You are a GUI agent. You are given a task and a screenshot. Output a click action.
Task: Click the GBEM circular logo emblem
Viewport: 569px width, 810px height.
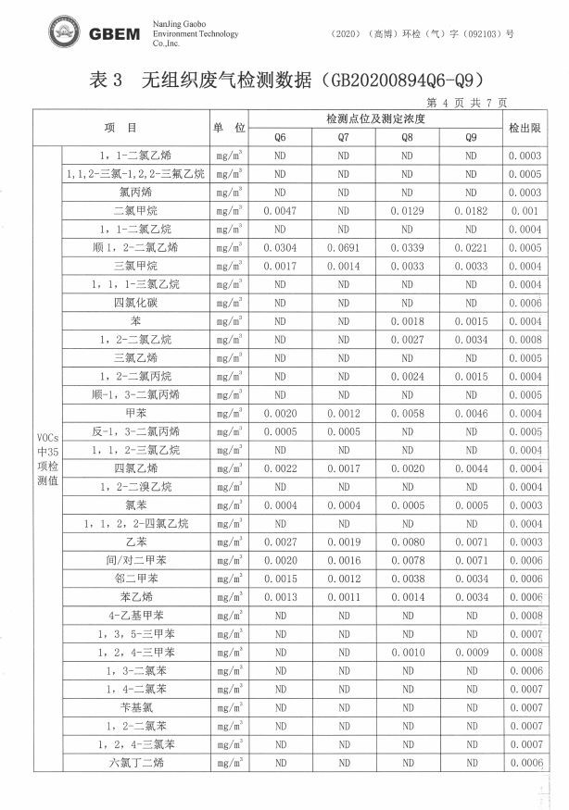(66, 32)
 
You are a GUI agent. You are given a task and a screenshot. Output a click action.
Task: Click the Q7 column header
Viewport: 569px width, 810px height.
(343, 138)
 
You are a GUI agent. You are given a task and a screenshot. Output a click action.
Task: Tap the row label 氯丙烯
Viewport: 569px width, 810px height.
(135, 193)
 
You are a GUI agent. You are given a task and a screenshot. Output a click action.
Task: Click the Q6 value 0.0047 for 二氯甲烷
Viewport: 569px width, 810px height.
(280, 211)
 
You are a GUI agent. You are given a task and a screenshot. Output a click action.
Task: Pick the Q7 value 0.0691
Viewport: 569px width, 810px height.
(343, 248)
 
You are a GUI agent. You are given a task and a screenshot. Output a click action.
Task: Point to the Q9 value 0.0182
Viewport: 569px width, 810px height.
(471, 211)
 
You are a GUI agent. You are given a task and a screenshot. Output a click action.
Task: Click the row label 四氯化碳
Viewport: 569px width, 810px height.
(135, 303)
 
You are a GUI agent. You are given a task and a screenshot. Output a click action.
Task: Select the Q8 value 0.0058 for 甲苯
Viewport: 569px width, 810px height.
(407, 414)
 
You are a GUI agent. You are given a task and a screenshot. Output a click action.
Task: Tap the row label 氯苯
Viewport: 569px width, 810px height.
(135, 505)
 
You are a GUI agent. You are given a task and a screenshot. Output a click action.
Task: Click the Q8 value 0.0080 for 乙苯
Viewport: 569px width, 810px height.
(407, 542)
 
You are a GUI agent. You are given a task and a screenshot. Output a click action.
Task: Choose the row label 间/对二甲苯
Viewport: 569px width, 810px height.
(135, 561)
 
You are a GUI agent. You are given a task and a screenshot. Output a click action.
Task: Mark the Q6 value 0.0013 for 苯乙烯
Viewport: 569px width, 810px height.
(280, 598)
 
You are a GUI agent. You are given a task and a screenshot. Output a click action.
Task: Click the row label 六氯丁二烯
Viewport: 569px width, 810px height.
(135, 763)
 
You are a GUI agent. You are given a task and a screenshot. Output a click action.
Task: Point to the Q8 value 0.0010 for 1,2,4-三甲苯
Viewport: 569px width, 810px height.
(407, 653)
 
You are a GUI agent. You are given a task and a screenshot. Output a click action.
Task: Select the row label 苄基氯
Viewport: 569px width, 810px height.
(135, 708)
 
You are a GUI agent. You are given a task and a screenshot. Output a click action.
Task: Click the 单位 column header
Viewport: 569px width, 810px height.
(228, 129)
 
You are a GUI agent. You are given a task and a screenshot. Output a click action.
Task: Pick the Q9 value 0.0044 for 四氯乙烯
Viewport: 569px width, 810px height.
(471, 468)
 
